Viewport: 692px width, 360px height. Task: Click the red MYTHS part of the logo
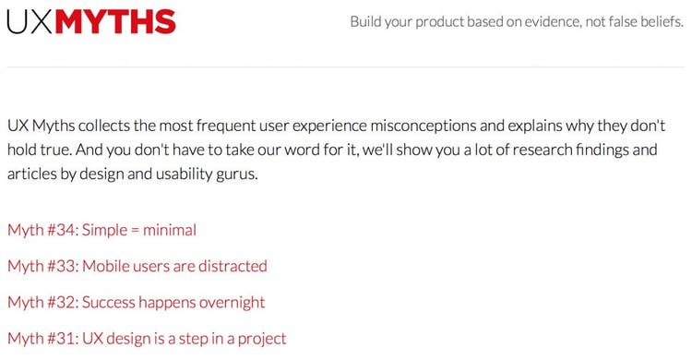[115, 21]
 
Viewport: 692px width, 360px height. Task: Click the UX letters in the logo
[29, 21]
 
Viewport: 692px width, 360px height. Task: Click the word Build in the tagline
[368, 21]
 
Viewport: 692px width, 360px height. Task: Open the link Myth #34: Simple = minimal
[101, 230]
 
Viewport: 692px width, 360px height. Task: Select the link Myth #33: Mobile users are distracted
[137, 266]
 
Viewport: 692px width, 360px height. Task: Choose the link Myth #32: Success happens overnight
[136, 302]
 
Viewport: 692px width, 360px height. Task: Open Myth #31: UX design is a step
[147, 338]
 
